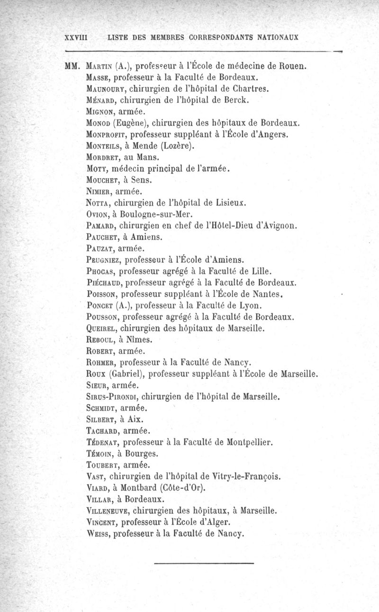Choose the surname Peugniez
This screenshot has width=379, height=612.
coord(100,260)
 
